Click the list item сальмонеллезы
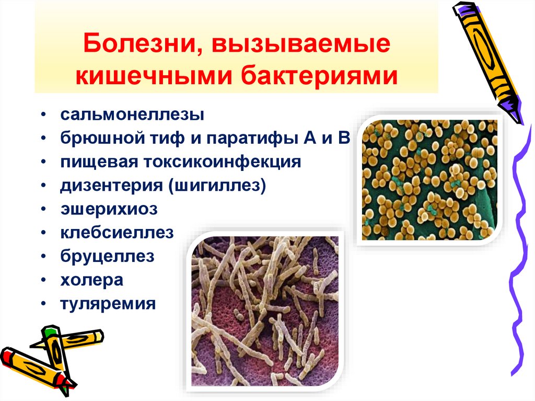click(131, 114)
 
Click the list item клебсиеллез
click(115, 233)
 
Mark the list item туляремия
click(107, 304)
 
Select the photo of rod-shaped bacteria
click(267, 311)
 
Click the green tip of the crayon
click(50, 330)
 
